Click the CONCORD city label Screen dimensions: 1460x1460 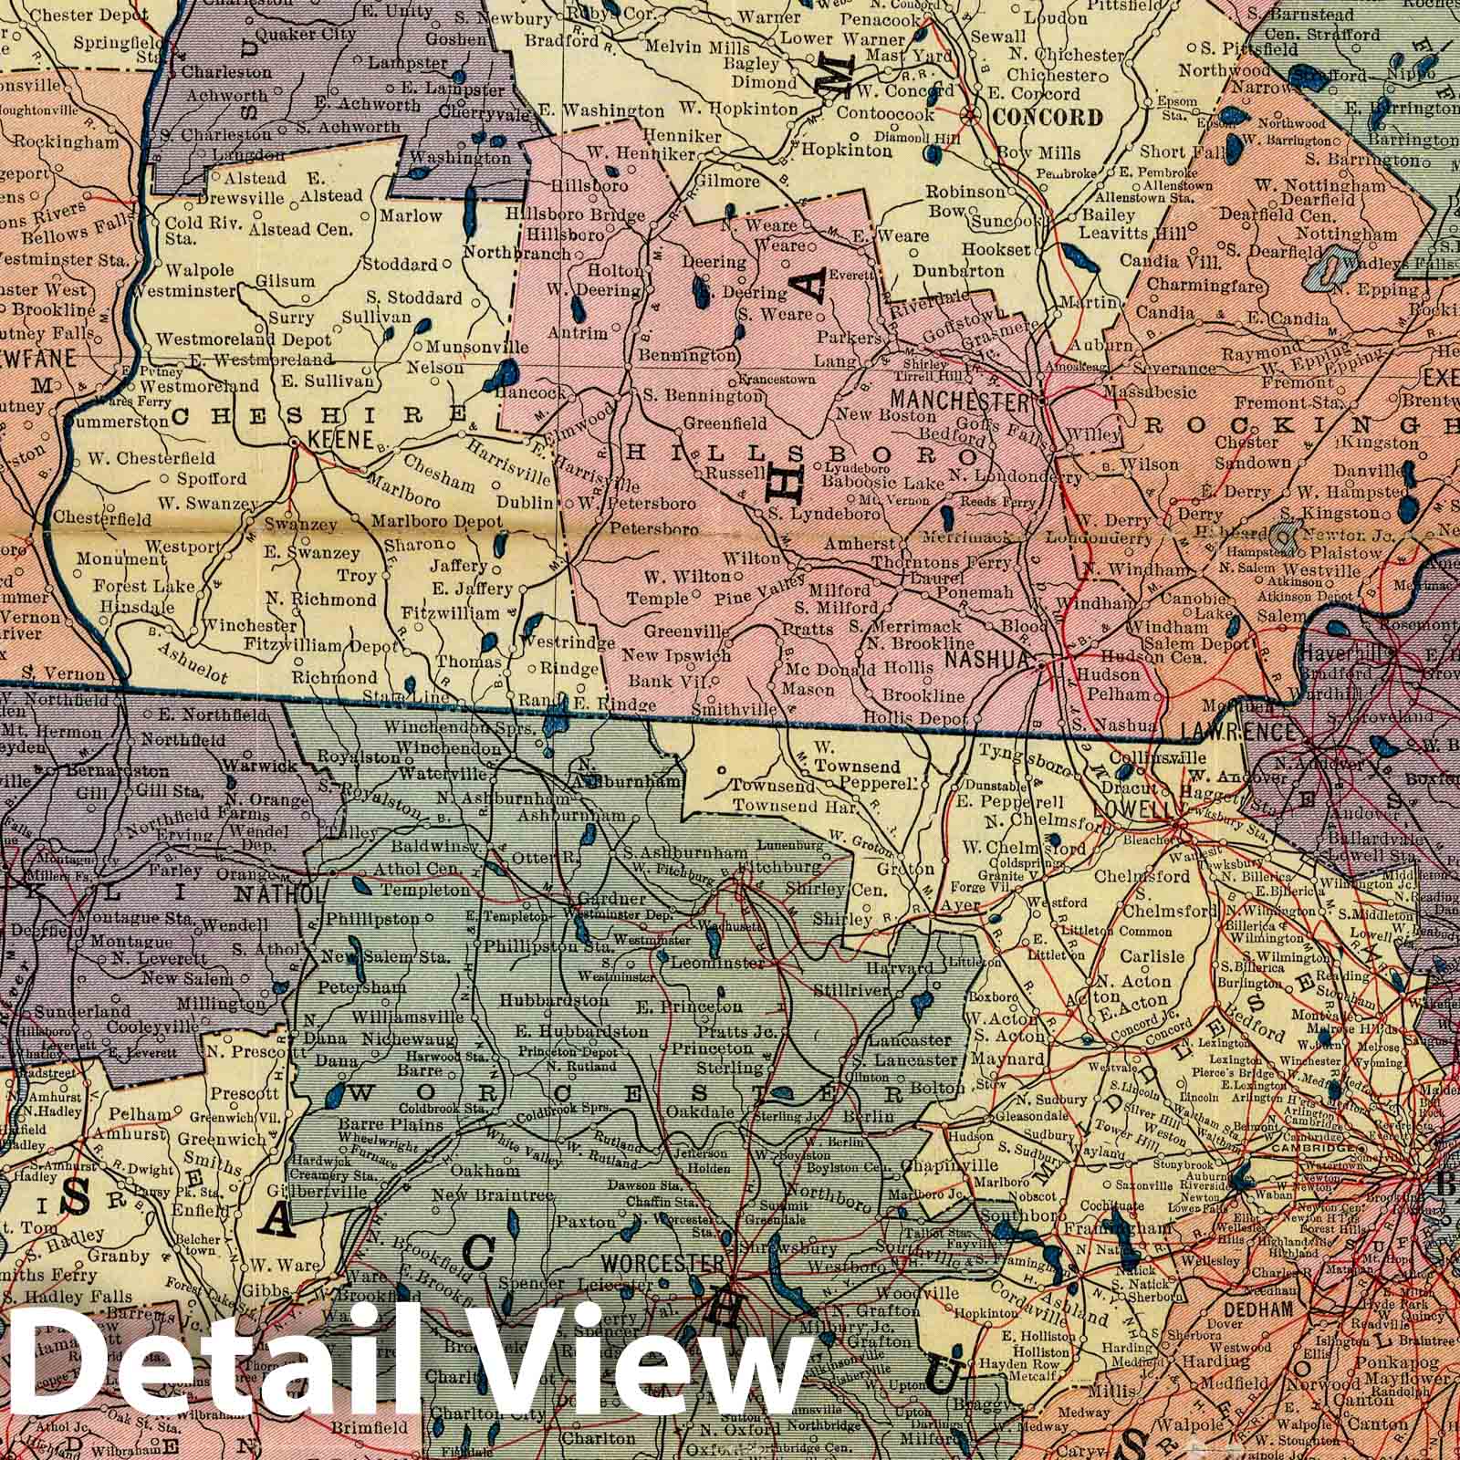pos(1048,117)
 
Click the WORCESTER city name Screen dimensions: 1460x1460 pos(662,1266)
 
